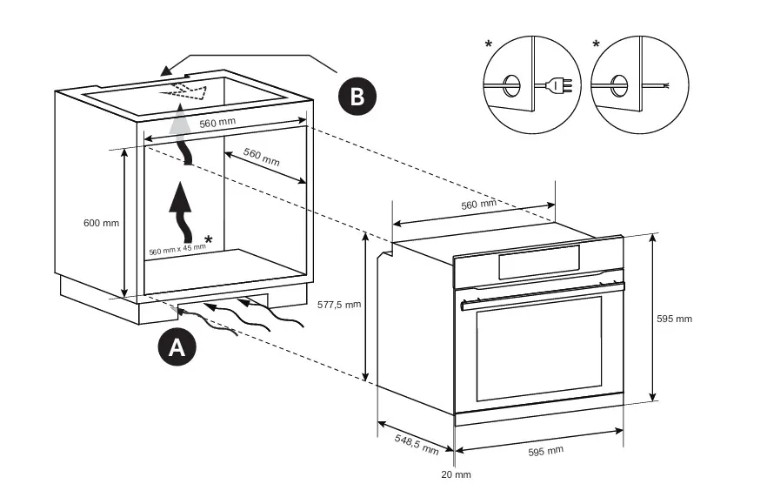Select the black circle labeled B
point(357,96)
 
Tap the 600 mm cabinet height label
point(101,223)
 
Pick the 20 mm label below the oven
point(456,474)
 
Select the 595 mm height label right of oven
point(674,319)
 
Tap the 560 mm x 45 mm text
point(177,250)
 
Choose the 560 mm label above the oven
point(478,205)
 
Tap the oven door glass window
point(539,348)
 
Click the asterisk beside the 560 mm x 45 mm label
point(208,239)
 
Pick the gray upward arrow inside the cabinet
point(180,131)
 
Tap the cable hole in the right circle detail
point(619,84)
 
